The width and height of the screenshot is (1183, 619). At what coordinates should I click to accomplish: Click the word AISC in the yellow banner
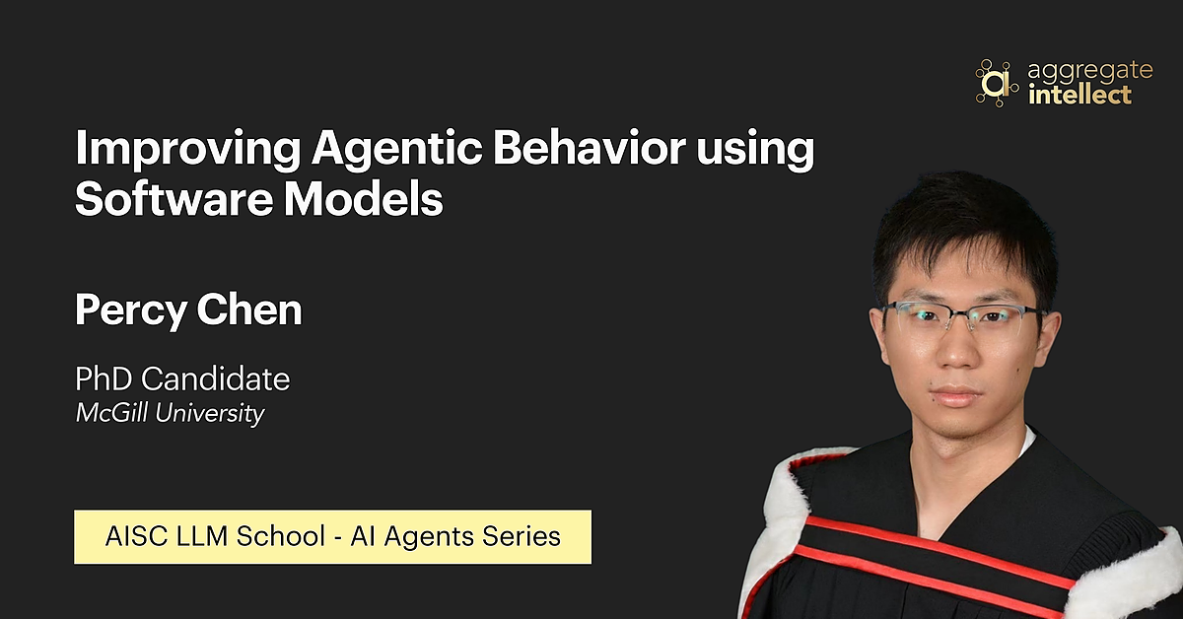pos(134,537)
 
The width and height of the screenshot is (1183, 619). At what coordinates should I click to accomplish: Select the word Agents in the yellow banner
pos(425,537)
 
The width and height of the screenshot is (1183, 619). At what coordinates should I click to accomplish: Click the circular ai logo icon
pos(996,82)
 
